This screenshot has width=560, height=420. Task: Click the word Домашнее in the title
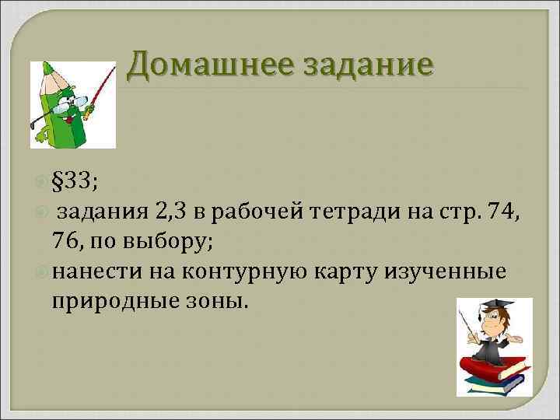coord(203,65)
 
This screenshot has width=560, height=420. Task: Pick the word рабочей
coord(260,210)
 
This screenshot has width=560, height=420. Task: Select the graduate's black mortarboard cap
coord(498,303)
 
